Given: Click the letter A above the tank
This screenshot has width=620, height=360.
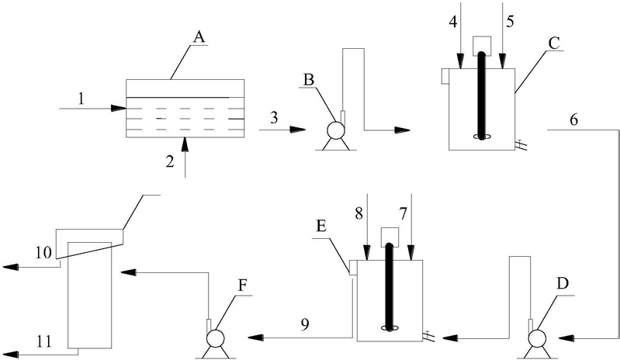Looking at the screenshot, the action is tap(199, 37).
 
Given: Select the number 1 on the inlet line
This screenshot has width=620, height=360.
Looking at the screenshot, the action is tap(81, 99).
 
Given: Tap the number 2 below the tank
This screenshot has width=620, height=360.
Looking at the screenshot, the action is tap(170, 161).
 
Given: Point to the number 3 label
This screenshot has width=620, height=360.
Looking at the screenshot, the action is tap(274, 118).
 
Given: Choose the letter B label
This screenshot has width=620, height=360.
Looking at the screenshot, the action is tap(308, 79).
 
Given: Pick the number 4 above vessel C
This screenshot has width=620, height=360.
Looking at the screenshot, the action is tap(452, 22).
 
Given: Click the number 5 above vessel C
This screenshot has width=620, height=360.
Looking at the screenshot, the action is tap(510, 22).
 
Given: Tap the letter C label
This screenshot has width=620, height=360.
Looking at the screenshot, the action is tap(554, 43).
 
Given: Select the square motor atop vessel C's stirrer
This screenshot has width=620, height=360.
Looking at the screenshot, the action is tap(482, 46).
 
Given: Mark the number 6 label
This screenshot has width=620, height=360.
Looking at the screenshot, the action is tap(573, 119).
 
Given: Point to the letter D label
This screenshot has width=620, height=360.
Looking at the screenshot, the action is tap(562, 283).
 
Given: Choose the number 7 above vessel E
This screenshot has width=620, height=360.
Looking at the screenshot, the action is tap(403, 214).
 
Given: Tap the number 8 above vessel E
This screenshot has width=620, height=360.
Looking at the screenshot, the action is tap(358, 214).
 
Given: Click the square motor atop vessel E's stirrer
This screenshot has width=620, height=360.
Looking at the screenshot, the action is tap(390, 237).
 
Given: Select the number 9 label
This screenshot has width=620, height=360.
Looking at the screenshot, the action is tap(304, 324).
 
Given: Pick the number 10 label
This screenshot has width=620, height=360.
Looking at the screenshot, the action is tap(43, 252).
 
